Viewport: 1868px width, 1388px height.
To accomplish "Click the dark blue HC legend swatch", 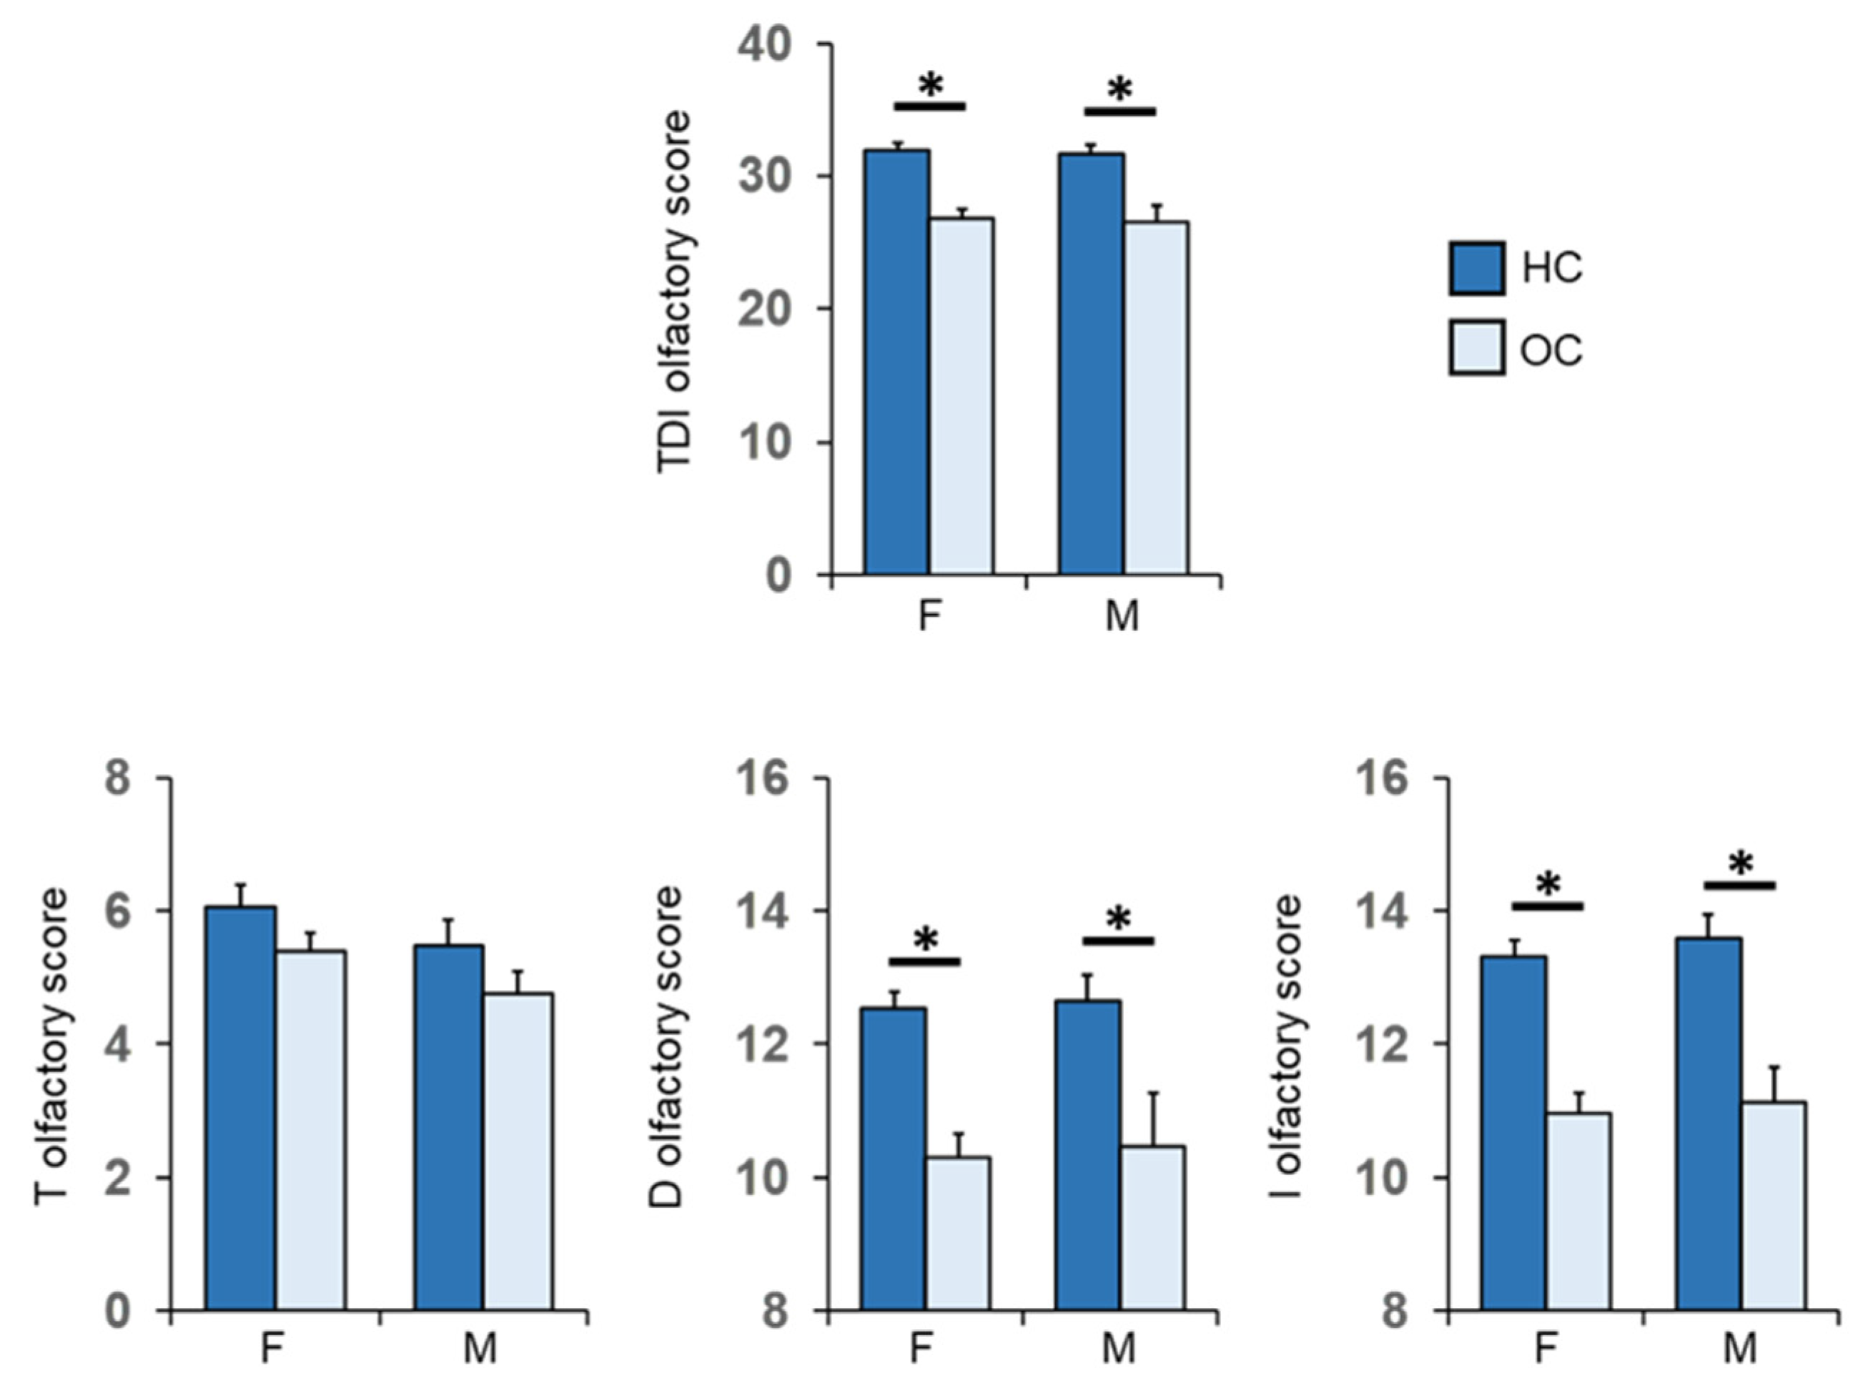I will [x=1476, y=268].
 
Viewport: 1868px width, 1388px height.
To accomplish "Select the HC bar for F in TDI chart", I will [x=896, y=361].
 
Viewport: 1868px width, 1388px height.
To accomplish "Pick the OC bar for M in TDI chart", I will [x=1156, y=398].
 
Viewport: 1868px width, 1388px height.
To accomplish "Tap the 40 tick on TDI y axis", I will [x=765, y=44].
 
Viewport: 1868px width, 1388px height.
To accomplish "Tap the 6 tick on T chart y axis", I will [x=119, y=911].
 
